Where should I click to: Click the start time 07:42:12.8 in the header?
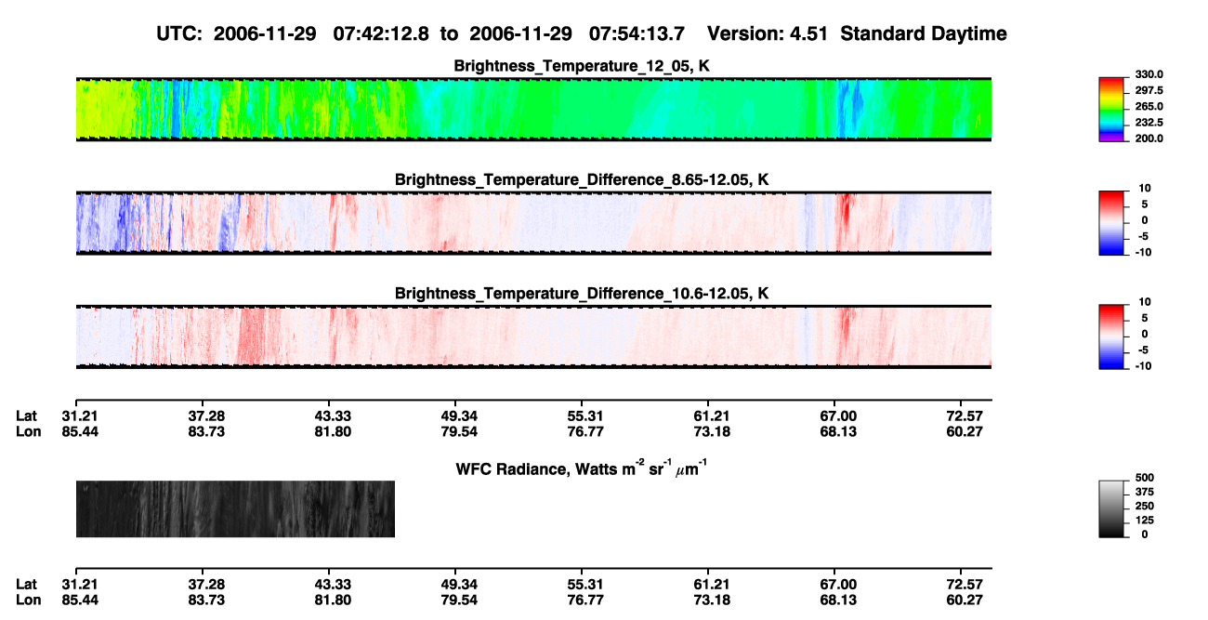tap(381, 34)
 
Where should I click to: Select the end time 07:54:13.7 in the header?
tap(637, 34)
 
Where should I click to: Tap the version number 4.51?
tap(808, 34)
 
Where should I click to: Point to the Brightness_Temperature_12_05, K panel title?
tap(582, 66)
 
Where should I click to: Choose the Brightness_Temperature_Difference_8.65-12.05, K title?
tap(582, 179)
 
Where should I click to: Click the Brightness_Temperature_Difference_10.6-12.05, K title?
tap(582, 294)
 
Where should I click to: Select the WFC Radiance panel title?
tap(582, 468)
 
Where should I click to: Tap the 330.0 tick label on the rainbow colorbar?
tap(1149, 74)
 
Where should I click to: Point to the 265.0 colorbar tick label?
tap(1149, 106)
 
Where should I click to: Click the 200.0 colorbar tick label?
tap(1149, 139)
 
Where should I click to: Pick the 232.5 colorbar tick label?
tap(1149, 123)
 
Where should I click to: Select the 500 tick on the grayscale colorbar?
tap(1145, 478)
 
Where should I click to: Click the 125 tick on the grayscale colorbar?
tap(1145, 521)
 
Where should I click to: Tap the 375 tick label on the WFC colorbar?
tap(1145, 492)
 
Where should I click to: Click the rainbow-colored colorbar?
tap(1111, 110)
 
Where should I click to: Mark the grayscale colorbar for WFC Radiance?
tap(1111, 508)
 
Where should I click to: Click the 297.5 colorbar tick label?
tap(1149, 90)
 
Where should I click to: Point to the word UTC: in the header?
tap(179, 34)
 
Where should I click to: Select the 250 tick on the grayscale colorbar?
tap(1145, 507)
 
